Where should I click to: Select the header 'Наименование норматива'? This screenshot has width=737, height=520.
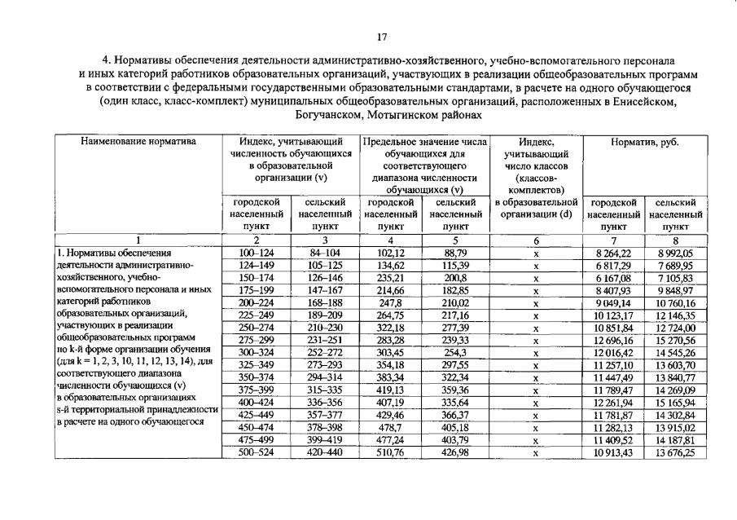click(x=138, y=142)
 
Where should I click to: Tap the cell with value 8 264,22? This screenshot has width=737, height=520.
click(x=613, y=253)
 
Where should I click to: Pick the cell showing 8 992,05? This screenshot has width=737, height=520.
click(x=675, y=253)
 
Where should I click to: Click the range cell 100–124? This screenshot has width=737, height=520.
click(x=256, y=253)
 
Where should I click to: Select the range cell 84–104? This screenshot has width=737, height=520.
click(x=325, y=253)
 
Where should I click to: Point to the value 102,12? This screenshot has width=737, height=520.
click(x=392, y=253)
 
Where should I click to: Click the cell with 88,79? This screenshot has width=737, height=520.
click(x=456, y=253)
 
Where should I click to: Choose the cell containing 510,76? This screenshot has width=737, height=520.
click(x=392, y=452)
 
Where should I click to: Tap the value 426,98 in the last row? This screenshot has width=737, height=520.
click(x=456, y=452)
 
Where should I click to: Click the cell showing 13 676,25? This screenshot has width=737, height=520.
click(x=675, y=452)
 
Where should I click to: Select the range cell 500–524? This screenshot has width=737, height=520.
click(x=256, y=452)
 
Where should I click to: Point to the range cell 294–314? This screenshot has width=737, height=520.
click(x=325, y=378)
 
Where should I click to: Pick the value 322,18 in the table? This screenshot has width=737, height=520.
click(x=392, y=328)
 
